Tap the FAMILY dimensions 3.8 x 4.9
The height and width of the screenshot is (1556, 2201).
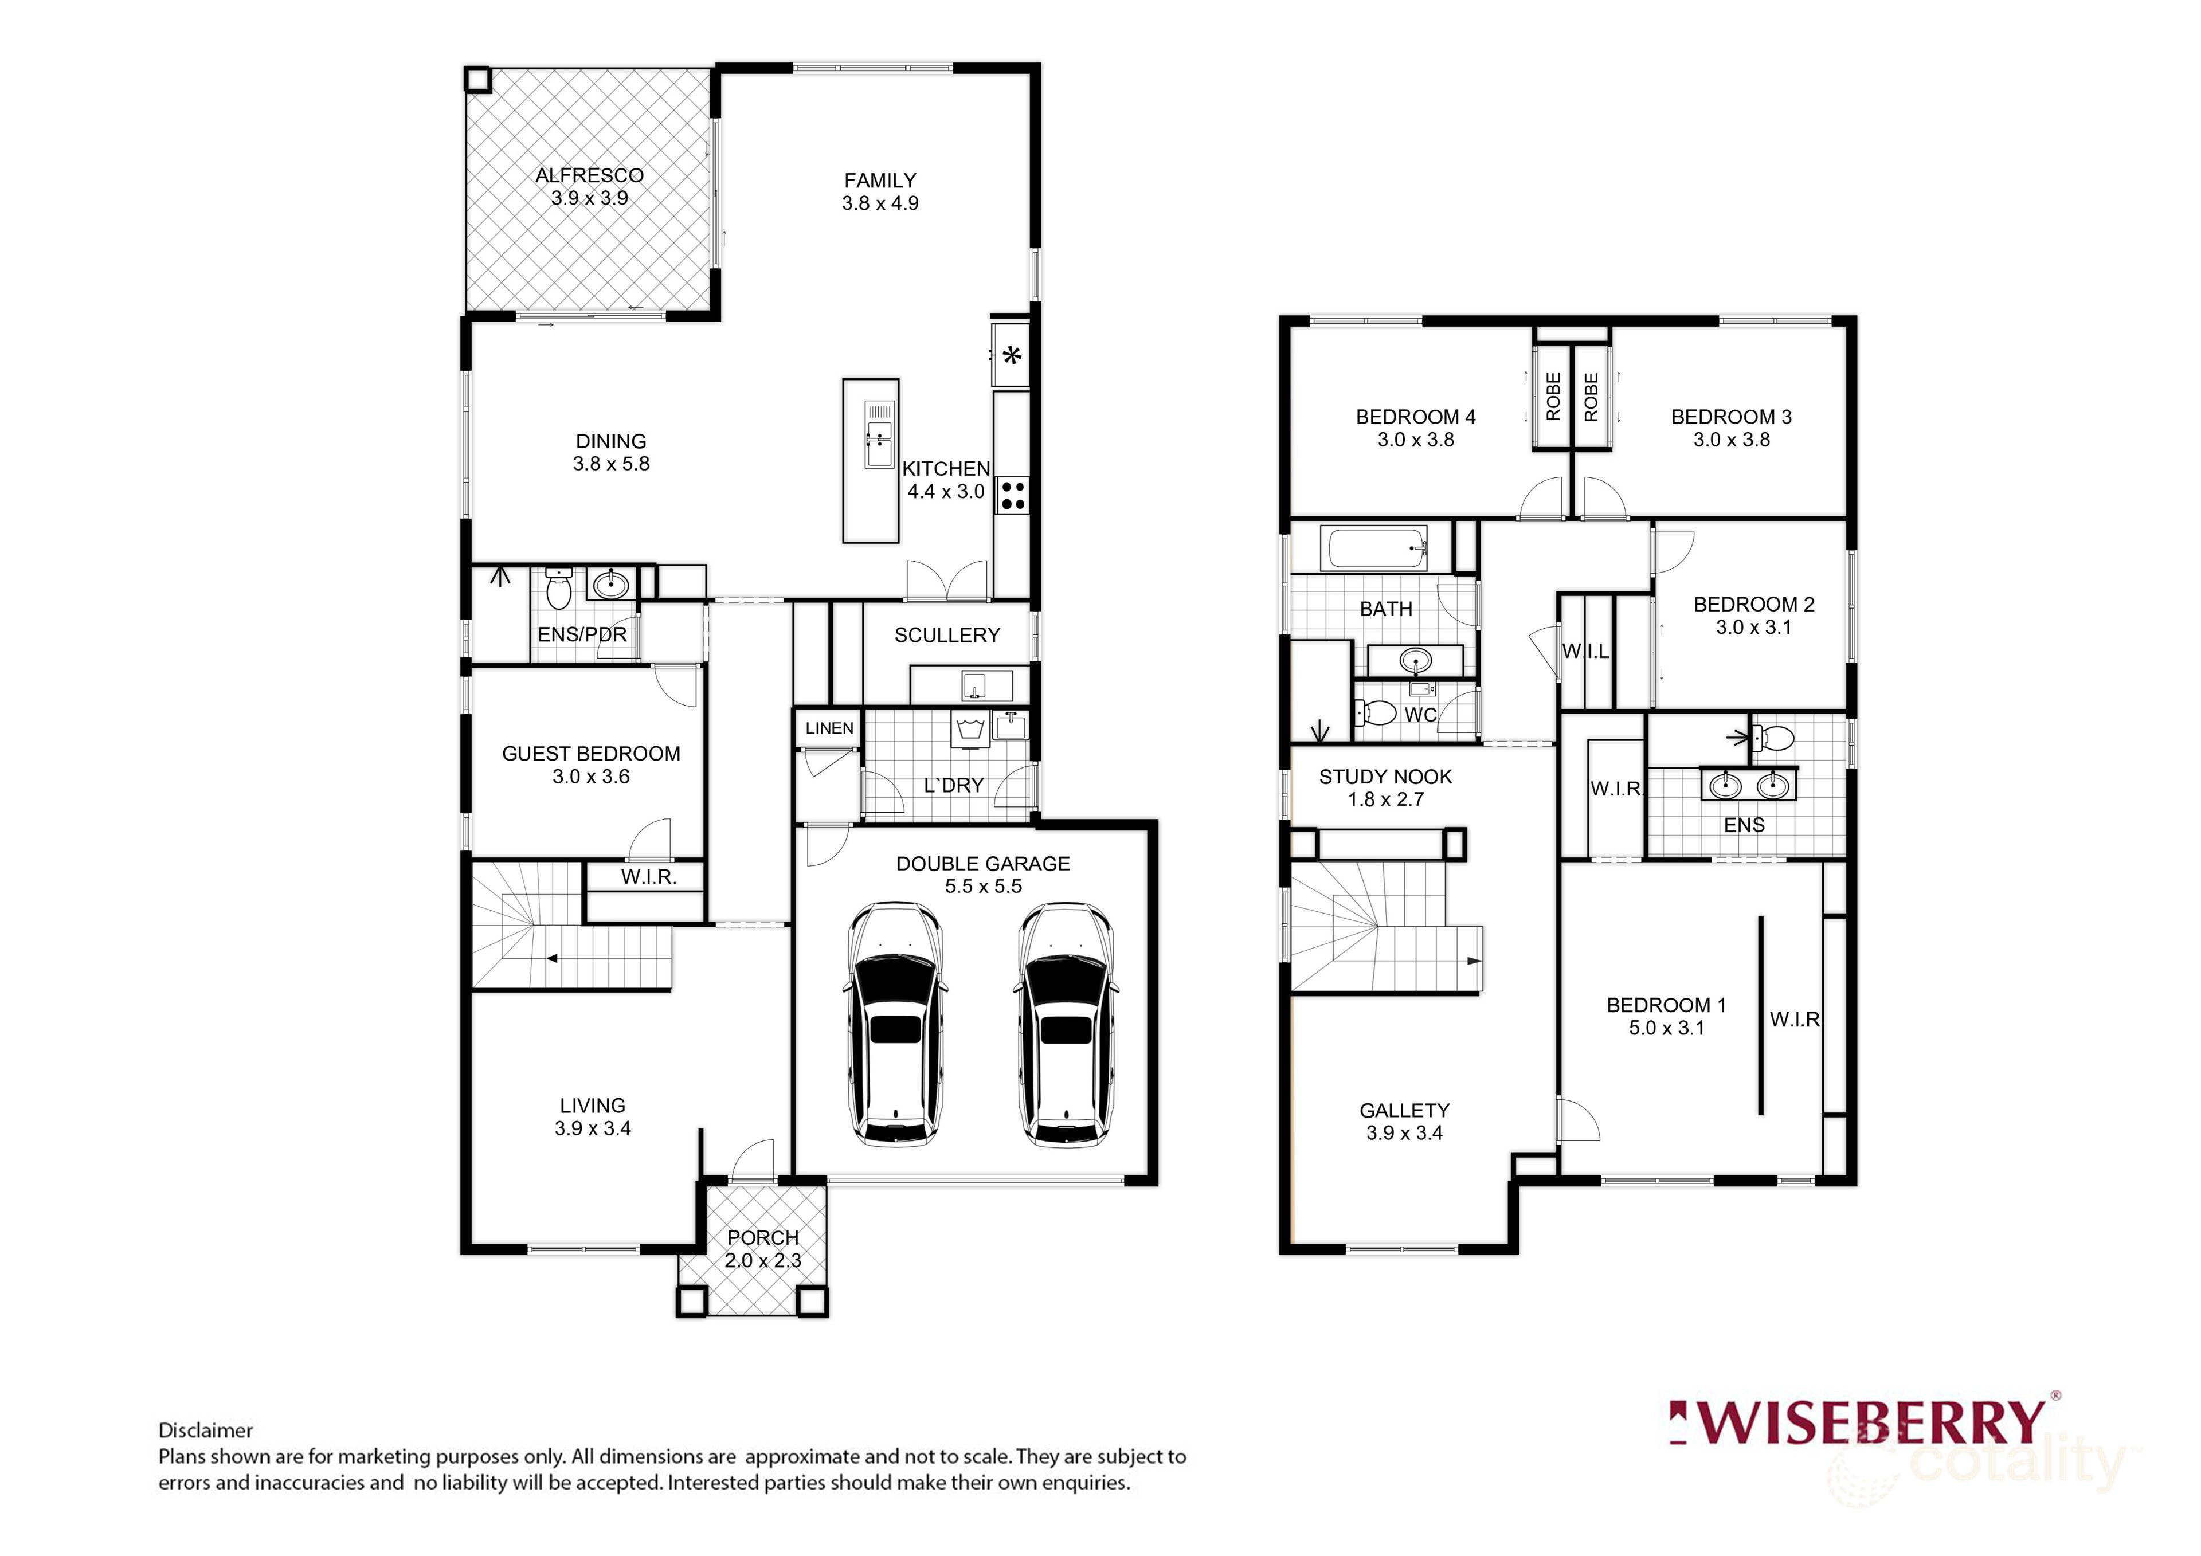(x=880, y=203)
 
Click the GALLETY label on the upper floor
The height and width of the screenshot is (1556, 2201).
(x=1404, y=1110)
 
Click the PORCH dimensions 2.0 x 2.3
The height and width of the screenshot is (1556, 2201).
(x=762, y=1261)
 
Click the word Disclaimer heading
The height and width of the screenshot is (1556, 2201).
(x=205, y=1430)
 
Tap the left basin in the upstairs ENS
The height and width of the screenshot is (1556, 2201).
(x=1725, y=786)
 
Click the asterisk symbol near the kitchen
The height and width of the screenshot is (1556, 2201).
(x=1011, y=356)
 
